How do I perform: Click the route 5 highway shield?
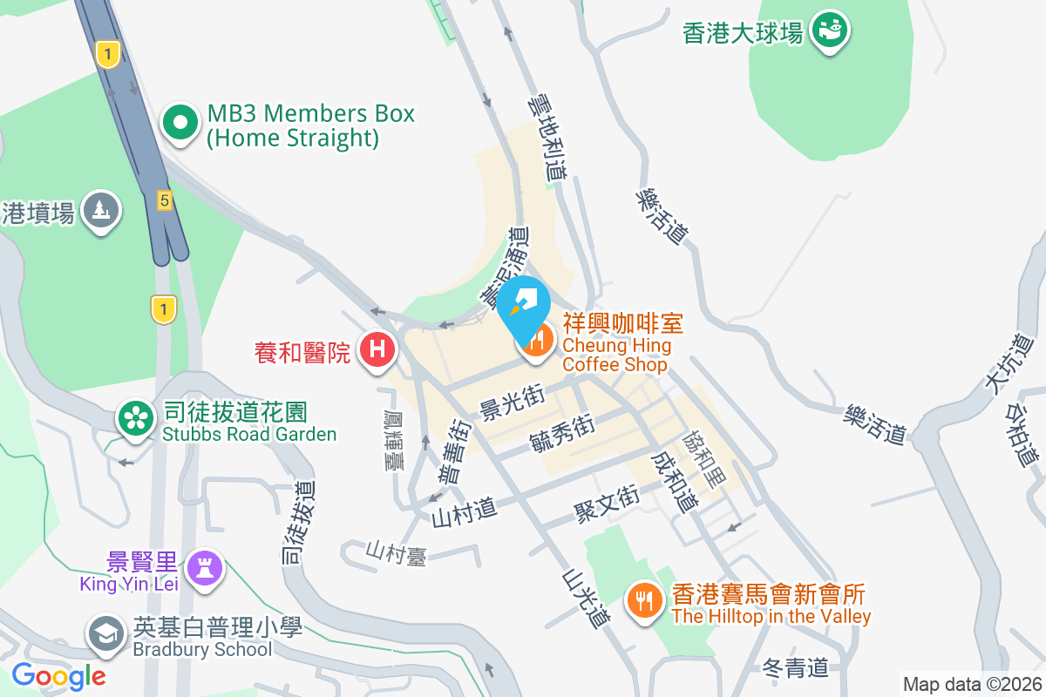point(164,200)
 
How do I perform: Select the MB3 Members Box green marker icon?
point(180,124)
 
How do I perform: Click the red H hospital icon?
point(377,350)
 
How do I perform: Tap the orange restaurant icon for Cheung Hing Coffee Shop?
point(536,340)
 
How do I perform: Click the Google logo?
point(58,676)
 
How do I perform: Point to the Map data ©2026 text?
point(971,684)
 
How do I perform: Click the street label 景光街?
point(512,404)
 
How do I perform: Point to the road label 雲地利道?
point(547,138)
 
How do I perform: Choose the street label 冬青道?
point(794,668)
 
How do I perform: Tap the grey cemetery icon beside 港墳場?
point(101,210)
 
